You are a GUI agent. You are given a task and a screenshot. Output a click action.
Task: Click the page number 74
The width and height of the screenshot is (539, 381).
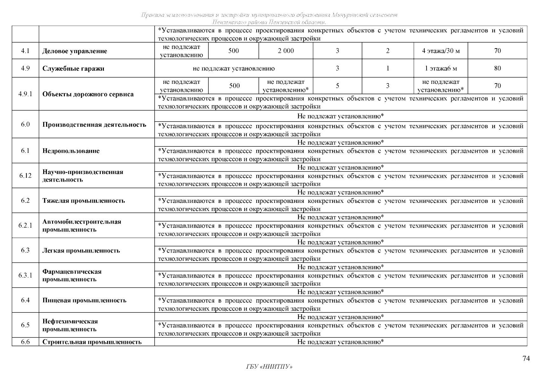[526, 359]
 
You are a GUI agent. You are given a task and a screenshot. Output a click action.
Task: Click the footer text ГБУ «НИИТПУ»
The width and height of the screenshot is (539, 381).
[269, 367]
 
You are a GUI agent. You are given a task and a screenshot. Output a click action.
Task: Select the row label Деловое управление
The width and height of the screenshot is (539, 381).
[75, 51]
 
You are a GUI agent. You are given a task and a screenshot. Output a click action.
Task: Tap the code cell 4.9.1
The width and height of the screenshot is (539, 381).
[25, 94]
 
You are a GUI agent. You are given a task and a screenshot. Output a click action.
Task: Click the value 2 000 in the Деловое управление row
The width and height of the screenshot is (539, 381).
[286, 51]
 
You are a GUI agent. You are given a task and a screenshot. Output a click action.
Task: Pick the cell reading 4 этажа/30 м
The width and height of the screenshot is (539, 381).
[441, 51]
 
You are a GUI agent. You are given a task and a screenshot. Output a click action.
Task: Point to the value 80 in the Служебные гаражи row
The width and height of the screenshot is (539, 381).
[497, 68]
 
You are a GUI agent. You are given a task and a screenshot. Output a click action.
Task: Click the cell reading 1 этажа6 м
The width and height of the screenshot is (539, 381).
[441, 68]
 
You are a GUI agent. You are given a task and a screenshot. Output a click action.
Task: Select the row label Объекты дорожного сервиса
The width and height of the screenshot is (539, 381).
[88, 94]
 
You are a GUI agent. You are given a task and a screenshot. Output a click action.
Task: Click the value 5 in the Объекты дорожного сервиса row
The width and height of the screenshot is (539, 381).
[337, 86]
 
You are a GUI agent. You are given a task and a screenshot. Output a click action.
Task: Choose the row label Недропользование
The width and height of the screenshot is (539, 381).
[71, 151]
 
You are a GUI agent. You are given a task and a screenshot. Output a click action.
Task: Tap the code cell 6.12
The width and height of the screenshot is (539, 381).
[25, 176]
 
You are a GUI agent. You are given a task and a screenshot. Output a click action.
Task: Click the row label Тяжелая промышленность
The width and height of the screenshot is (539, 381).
[84, 201]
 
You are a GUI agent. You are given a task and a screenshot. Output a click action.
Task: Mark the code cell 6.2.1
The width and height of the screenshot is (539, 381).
[25, 225]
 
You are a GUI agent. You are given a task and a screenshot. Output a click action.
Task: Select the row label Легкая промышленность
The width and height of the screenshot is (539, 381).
[81, 251]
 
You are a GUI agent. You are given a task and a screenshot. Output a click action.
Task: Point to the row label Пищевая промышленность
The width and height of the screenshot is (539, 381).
[84, 300]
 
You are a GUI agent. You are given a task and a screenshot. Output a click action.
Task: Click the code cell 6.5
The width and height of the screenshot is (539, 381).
[25, 325]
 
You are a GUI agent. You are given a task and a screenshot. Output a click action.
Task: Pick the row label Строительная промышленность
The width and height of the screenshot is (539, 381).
[92, 342]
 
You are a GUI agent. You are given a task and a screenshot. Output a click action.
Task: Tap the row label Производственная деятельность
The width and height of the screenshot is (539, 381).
[94, 124]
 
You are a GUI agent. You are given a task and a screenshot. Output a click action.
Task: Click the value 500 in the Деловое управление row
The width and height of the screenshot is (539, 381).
[233, 51]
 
